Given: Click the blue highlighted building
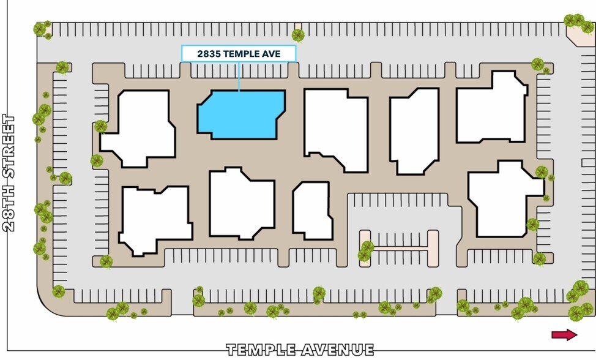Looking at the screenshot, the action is tap(241, 114).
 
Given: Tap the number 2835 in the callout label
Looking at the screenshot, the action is tap(209, 54).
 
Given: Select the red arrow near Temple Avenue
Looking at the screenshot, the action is tap(564, 334).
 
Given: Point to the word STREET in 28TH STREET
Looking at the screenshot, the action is tap(9, 146).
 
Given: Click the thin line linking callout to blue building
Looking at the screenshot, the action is tap(239, 76).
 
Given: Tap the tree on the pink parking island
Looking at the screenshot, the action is tap(366, 251).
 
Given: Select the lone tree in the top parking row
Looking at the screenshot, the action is tap(298, 35).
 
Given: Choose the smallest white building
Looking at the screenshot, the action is tap(313, 211).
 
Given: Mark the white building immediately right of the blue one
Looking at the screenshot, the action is tap(336, 129).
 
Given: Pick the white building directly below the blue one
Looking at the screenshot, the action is tap(242, 204).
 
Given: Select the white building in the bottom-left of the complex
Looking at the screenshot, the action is tap(155, 219).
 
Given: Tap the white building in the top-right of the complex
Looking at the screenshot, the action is tap(491, 108).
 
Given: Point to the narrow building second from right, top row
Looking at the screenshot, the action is tap(414, 131).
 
